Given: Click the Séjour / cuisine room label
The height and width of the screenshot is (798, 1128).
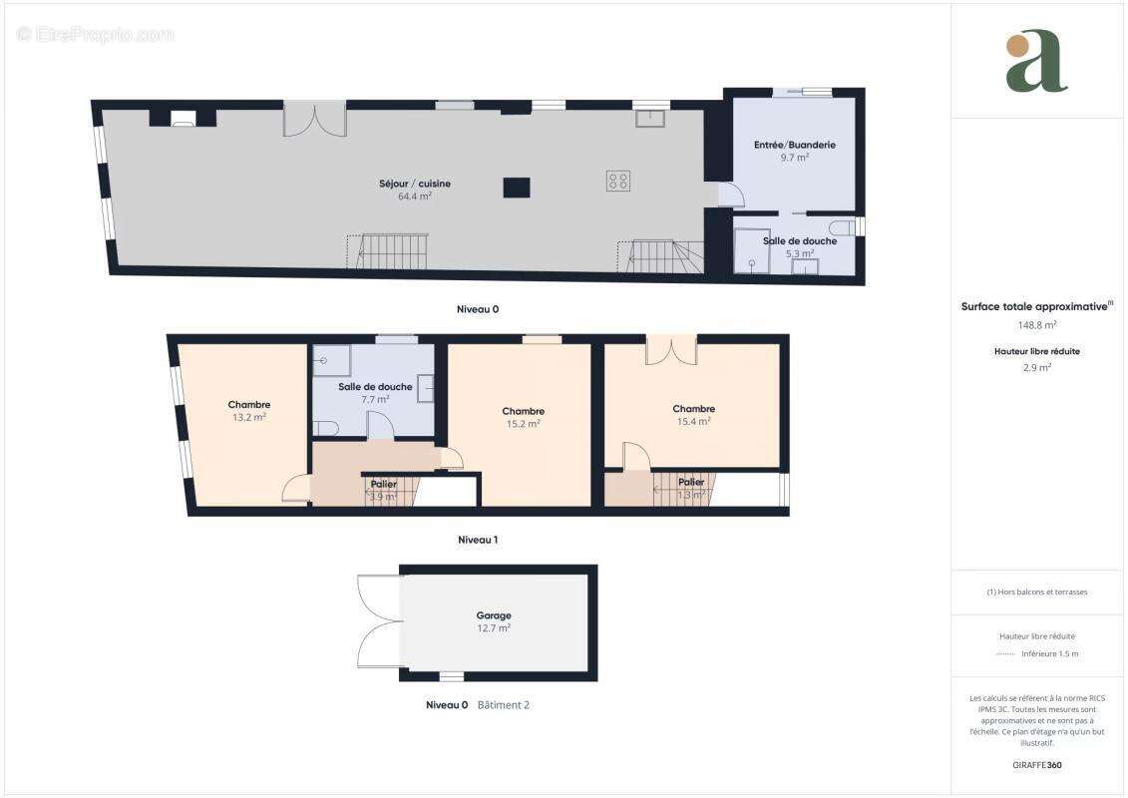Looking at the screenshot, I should pos(415,184).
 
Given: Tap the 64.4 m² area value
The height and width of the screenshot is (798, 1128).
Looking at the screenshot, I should pos(415,197).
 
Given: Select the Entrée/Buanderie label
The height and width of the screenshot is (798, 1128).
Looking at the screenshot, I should pos(794,145).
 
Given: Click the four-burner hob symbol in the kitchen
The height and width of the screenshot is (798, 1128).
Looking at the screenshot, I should pos(618,181).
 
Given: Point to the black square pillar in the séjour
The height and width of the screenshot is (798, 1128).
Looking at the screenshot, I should pos(517,188).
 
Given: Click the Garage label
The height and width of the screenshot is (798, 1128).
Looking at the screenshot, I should pos(494,615).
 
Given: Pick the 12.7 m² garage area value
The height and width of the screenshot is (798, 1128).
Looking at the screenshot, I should pos(494,628).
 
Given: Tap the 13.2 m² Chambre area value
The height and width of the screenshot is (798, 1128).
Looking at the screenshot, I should pos(248,418).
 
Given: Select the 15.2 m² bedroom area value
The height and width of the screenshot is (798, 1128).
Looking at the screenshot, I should pos(523,424).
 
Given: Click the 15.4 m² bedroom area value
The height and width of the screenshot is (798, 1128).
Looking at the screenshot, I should pos(693,422).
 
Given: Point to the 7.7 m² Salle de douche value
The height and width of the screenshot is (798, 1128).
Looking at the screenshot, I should pos(375,400).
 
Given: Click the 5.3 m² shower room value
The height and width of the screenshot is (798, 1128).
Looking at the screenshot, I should pos(800,253).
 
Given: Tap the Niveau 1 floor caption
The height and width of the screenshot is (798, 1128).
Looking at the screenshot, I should pos(478,540).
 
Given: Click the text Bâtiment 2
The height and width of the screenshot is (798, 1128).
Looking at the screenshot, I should pos(504,705).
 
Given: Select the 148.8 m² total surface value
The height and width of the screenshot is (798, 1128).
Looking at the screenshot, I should pos(1037,325).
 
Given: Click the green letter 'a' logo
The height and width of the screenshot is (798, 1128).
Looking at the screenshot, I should pos(1036,61).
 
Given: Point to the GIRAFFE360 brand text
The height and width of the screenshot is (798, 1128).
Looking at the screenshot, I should pos(1037,765).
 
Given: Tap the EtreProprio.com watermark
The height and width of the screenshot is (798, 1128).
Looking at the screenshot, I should pos(96,34).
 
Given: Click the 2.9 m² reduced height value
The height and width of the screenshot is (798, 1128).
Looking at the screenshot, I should pos(1037,367).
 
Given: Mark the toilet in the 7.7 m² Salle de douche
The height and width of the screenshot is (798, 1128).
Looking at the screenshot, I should pos(326,428).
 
